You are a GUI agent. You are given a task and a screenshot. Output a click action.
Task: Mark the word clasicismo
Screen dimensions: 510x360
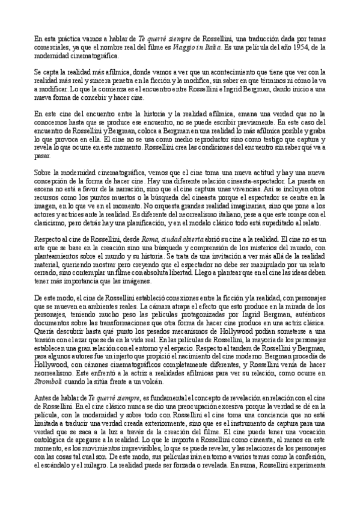50,214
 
